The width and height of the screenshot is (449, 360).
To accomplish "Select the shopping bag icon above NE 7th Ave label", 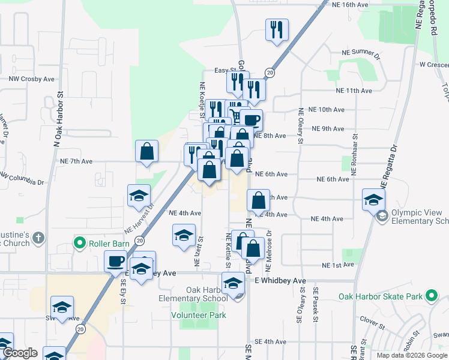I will click(147, 152).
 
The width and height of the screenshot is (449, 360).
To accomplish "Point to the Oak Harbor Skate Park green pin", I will click(430, 295).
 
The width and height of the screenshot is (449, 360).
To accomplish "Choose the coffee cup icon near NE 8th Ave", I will click(252, 120).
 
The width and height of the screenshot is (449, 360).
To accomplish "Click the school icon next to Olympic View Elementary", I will click(373, 200).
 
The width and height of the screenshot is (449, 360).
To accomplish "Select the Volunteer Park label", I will click(198, 314).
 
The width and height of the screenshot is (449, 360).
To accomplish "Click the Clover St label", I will click(373, 325).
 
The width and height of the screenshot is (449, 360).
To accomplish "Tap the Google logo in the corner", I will click(20, 353).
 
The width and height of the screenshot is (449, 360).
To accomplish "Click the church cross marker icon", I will click(38, 238).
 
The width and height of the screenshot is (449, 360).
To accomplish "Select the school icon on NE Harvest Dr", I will click(139, 196).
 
